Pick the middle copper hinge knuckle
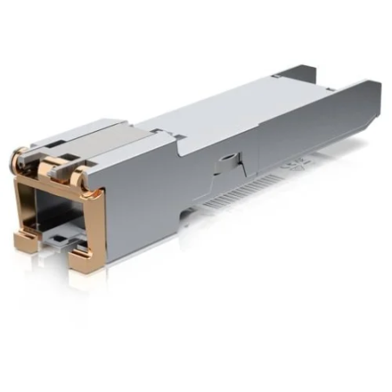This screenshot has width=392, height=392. tap(49, 165)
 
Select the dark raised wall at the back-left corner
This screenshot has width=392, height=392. tap(296, 74)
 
